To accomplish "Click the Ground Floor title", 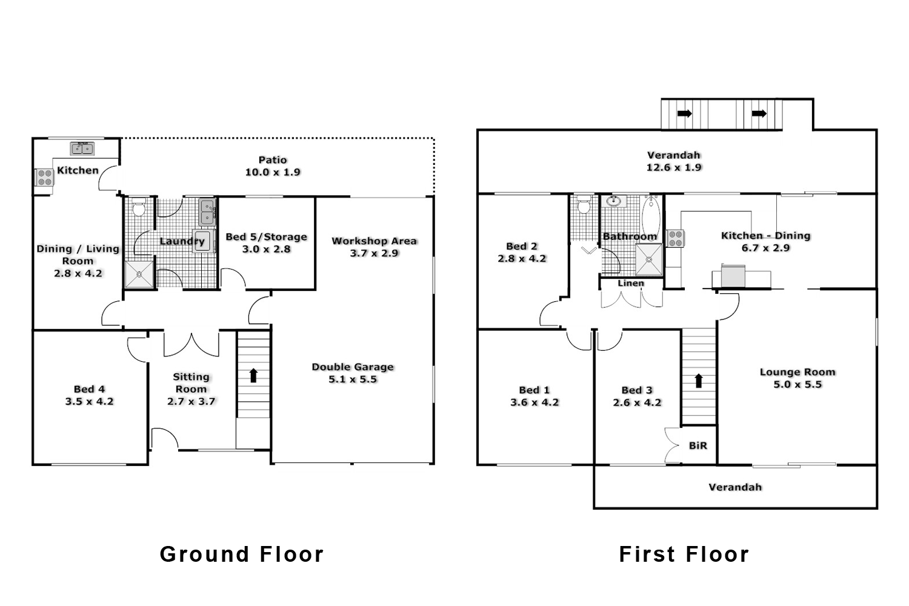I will click(x=242, y=554).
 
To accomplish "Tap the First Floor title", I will click(x=684, y=554).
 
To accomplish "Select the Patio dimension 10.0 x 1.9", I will click(x=273, y=172).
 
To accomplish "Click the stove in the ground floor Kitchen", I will click(x=44, y=177).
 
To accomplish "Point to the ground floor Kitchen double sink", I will click(x=82, y=148).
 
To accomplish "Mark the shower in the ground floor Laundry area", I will click(x=140, y=275).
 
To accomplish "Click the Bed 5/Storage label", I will click(x=266, y=237).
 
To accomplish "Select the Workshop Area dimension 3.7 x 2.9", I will click(x=374, y=253).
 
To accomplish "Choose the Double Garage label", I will click(x=353, y=367).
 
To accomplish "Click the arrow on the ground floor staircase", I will click(x=253, y=375).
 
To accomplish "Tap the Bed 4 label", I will click(x=89, y=389).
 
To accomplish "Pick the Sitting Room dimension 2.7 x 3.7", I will click(x=191, y=401).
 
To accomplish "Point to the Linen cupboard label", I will click(x=631, y=283).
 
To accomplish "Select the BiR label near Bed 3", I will click(x=698, y=445).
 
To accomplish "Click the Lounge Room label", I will click(x=797, y=372).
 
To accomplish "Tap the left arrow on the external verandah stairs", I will click(x=685, y=113).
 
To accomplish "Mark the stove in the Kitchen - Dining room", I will click(x=675, y=238).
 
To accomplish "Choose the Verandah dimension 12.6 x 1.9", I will click(x=674, y=167).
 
